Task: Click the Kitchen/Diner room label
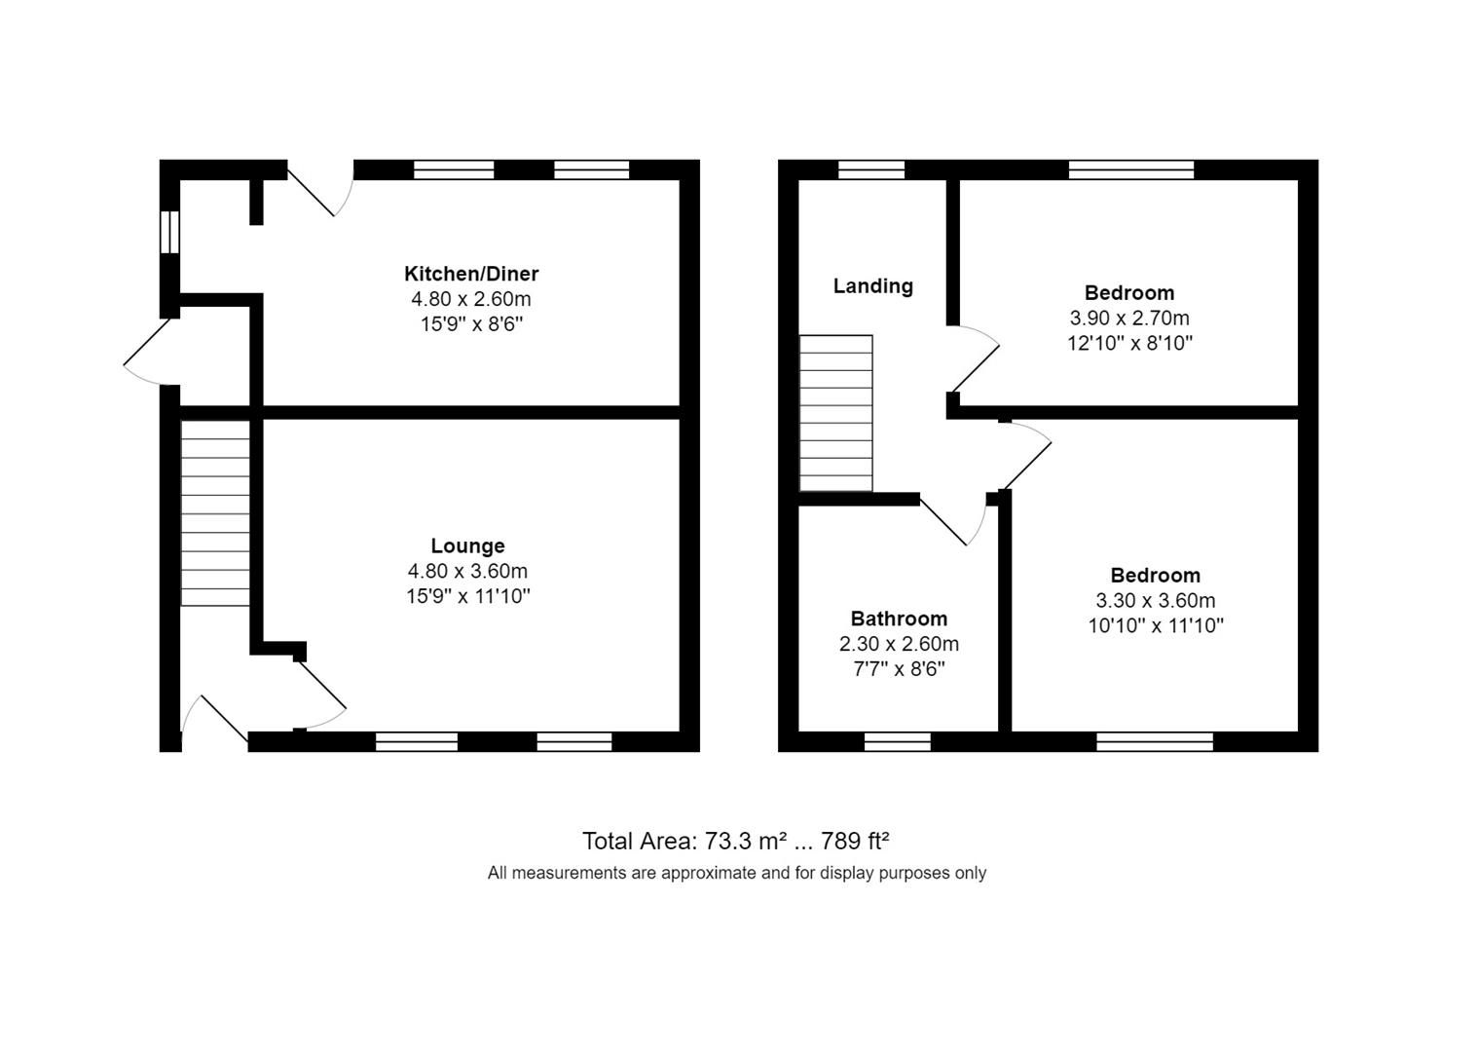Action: tap(471, 274)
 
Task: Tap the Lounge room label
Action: tap(467, 546)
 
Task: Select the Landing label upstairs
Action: tap(872, 286)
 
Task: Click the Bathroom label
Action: tap(899, 619)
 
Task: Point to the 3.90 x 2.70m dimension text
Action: tap(1129, 319)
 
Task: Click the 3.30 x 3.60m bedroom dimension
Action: tap(1155, 601)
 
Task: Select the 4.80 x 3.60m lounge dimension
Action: tap(467, 572)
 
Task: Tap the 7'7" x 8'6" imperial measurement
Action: tap(898, 669)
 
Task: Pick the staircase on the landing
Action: tap(835, 413)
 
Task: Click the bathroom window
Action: tap(898, 742)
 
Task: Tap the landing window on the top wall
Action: tap(871, 170)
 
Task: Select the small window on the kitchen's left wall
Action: tap(170, 232)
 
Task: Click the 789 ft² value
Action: tap(855, 841)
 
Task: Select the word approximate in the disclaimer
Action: tap(708, 873)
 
